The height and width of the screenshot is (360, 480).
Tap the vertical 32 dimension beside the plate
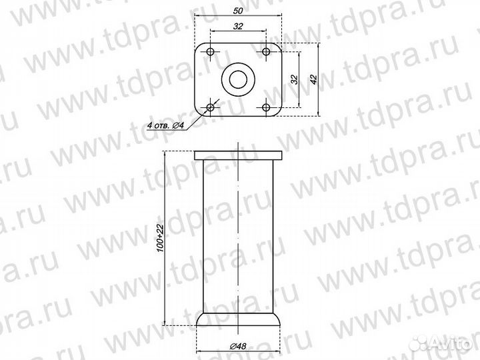[293, 79]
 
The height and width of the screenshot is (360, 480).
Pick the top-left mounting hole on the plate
[211, 52]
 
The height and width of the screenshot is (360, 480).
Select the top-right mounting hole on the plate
[266, 52]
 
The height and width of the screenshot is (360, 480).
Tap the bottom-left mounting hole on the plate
[211, 107]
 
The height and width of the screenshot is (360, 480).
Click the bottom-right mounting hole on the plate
[266, 107]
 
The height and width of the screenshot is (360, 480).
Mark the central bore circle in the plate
[238, 79]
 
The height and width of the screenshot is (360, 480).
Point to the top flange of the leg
[238, 155]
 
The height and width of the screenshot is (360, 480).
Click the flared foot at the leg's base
[238, 318]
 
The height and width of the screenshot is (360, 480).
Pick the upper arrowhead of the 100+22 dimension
[166, 155]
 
